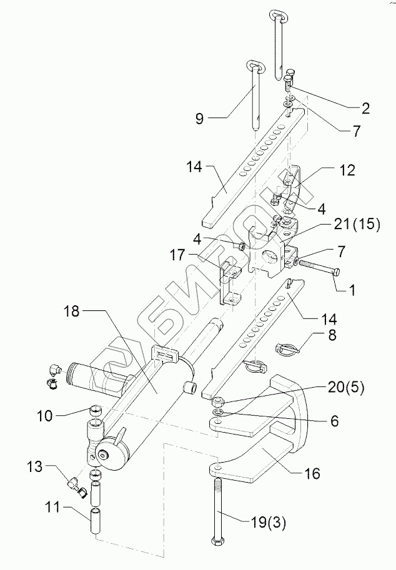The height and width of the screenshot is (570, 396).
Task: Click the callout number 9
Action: pyautogui.click(x=199, y=118)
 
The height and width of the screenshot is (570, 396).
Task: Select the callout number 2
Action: pyautogui.click(x=365, y=108)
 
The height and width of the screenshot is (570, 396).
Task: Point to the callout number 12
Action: pyautogui.click(x=347, y=170)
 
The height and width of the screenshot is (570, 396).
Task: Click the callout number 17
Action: pyautogui.click(x=178, y=255)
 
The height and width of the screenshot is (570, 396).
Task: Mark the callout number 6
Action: pyautogui.click(x=334, y=421)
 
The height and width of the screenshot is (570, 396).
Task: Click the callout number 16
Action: pyautogui.click(x=312, y=474)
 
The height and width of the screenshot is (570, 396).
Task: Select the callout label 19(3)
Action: pyautogui.click(x=268, y=523)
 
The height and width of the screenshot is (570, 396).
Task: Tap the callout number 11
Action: pyautogui.click(x=52, y=507)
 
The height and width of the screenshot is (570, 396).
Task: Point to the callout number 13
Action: pyautogui.click(x=34, y=466)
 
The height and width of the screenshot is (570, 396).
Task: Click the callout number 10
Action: pyautogui.click(x=45, y=416)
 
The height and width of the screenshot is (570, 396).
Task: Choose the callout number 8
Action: pyautogui.click(x=332, y=335)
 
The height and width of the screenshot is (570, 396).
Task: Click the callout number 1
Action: pyautogui.click(x=352, y=289)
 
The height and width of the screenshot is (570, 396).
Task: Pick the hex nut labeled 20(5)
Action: pyautogui.click(x=218, y=401)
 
